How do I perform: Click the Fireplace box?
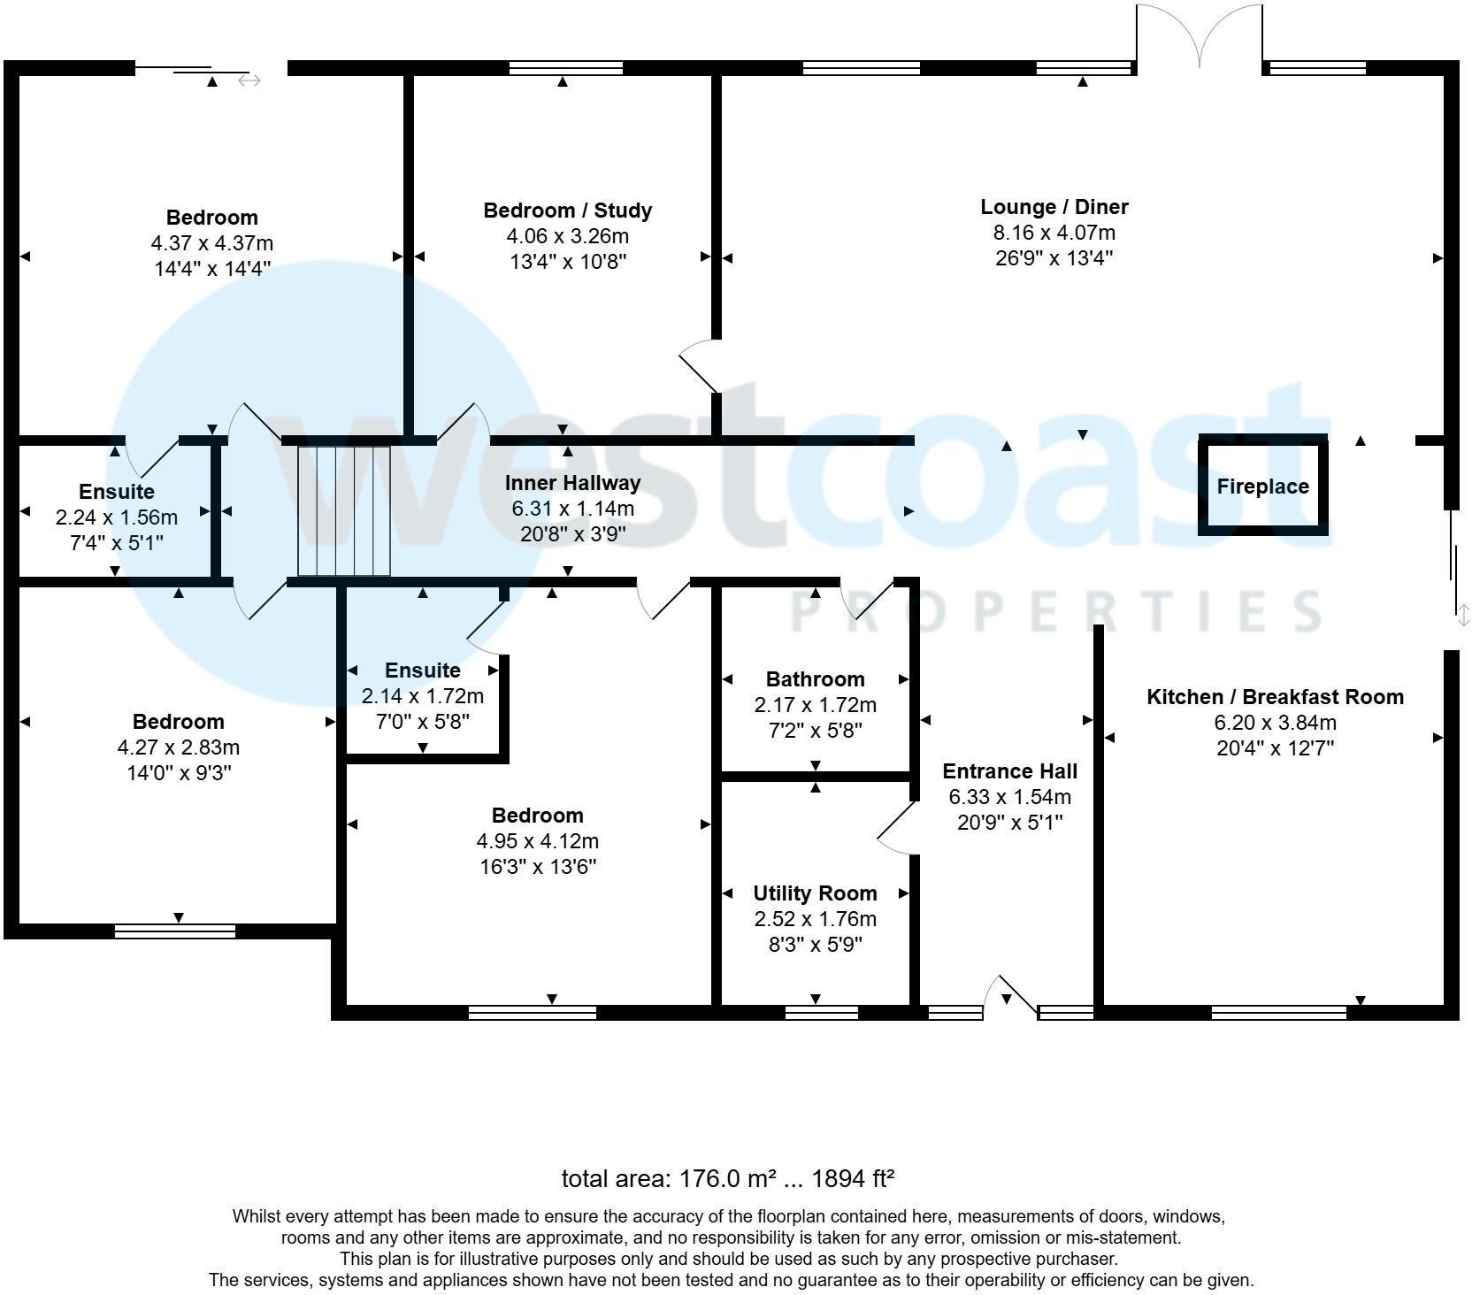1262,486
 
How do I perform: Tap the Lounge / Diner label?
1054,207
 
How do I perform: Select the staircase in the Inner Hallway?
343,510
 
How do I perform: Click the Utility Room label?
815,893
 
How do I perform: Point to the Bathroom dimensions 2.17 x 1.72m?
815,705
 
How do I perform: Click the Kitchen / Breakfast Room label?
1275,696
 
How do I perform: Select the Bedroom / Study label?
567,211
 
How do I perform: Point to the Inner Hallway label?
572,483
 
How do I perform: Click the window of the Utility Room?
821,1012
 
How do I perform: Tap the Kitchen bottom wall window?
1278,1012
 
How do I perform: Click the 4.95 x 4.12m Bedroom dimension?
538,840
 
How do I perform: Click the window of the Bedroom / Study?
566,67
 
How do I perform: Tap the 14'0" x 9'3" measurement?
179,772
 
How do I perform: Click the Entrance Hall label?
1009,770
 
